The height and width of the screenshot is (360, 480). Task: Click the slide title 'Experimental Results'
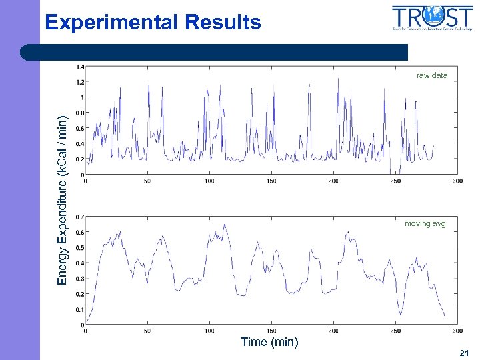coord(153,22)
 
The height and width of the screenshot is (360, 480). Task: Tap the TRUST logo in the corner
coord(433,18)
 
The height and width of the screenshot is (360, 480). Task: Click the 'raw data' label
coord(432,75)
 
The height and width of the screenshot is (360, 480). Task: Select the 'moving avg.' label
coord(426,223)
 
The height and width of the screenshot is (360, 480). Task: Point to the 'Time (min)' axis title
coord(269,342)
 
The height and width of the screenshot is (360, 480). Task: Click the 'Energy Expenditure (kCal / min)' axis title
coord(62,200)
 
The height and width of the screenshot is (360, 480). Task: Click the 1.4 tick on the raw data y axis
coord(79,67)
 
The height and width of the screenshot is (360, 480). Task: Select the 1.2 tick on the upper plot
coord(79,82)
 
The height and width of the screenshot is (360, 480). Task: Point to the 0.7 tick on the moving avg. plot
coord(79,217)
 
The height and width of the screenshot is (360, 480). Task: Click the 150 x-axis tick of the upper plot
coord(271,181)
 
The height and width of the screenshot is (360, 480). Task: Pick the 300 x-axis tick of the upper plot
coord(457,181)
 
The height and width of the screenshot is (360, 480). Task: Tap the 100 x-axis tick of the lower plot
coord(209,331)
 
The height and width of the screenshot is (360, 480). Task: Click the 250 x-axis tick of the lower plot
coord(395,331)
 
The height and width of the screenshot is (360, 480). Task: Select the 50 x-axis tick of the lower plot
coord(147,331)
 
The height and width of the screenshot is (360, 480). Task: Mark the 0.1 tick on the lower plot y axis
coord(79,309)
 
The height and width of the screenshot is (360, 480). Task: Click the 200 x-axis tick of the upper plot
coord(333,181)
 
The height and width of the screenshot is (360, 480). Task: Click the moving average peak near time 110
coord(225,225)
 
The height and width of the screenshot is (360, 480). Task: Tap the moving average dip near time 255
coord(401,314)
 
